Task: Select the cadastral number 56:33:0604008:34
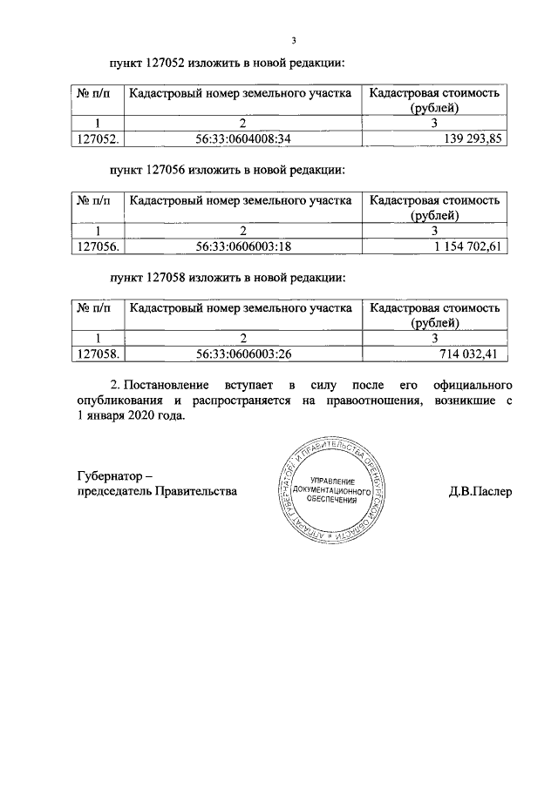point(243,139)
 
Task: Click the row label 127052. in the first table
point(98,139)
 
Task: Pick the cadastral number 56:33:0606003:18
point(243,246)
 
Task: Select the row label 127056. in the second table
point(98,246)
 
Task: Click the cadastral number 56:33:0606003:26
point(243,354)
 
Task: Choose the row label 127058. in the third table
point(98,354)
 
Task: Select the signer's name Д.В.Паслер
point(479,491)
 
